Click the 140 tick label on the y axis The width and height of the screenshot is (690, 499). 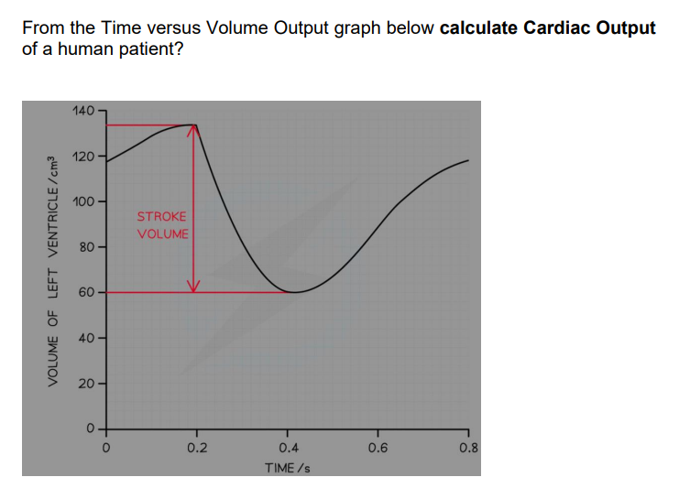tap(82, 111)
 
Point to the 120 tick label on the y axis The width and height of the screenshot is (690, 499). tap(82, 157)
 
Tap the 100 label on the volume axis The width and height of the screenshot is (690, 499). tap(82, 201)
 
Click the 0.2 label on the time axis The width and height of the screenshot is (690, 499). tap(196, 449)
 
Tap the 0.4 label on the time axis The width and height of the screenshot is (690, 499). tap(287, 449)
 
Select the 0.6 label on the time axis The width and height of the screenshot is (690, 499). tap(378, 449)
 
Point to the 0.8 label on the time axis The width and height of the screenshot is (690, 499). tap(467, 449)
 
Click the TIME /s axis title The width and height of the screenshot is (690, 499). tap(287, 468)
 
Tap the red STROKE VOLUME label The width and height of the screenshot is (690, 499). tap(162, 225)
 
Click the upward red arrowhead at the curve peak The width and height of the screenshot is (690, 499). tap(192, 129)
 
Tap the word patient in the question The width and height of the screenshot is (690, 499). tap(148, 48)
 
